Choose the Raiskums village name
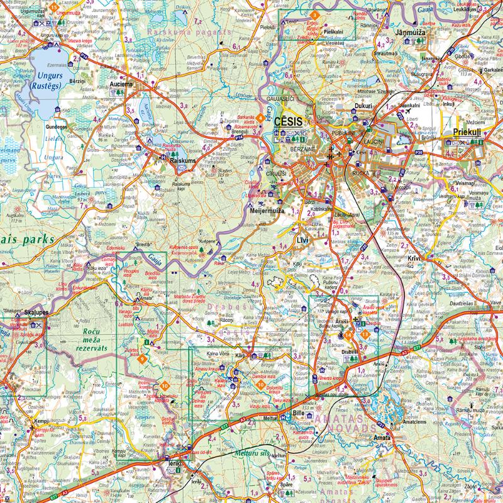click(184, 161)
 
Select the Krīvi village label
click(414, 258)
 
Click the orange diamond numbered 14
click(348, 335)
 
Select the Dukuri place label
click(363, 107)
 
